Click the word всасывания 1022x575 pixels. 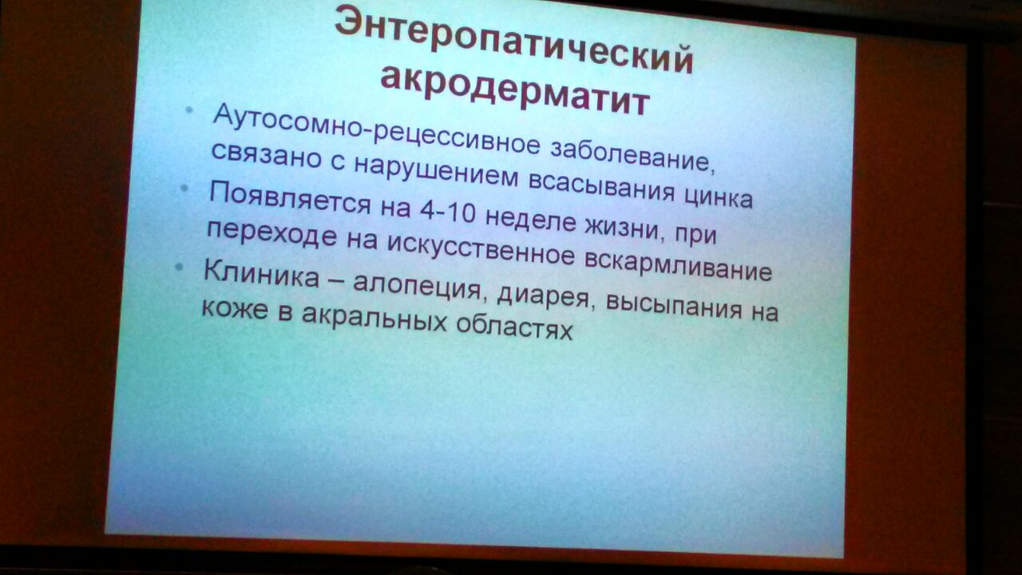click(x=601, y=186)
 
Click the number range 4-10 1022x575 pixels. click(x=448, y=213)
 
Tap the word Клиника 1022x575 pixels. click(x=261, y=273)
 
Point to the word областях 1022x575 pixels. click(x=514, y=327)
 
